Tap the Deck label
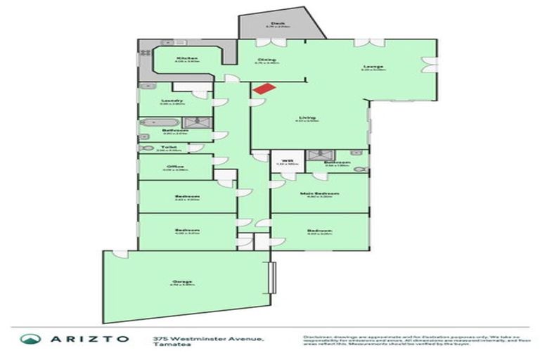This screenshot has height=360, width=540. (278, 23)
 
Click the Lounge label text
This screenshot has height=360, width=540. (373, 67)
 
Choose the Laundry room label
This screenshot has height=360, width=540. (172, 101)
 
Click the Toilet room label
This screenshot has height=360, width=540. (167, 147)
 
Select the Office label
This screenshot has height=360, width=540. (172, 167)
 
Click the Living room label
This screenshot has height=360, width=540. (307, 117)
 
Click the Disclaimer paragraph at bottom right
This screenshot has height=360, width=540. (415, 340)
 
